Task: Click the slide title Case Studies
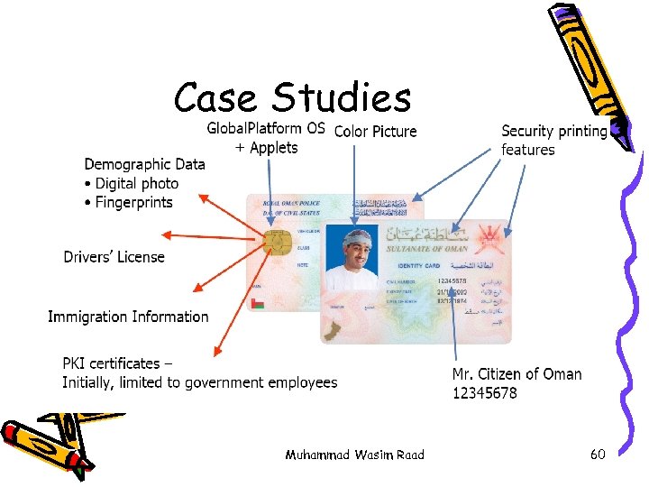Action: click(x=292, y=97)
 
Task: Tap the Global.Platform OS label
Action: click(x=266, y=128)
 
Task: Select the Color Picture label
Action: click(x=375, y=132)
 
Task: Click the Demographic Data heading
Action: click(x=144, y=164)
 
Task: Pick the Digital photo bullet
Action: click(x=136, y=183)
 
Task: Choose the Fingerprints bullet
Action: click(x=133, y=202)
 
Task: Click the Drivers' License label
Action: click(x=114, y=257)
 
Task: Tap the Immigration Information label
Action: click(x=128, y=317)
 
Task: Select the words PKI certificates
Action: click(x=111, y=363)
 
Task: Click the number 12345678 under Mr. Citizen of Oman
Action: click(x=484, y=393)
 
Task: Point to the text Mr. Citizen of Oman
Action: click(x=516, y=374)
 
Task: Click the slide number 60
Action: click(x=598, y=455)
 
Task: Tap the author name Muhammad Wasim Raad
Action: click(x=354, y=455)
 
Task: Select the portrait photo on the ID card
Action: click(x=352, y=257)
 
